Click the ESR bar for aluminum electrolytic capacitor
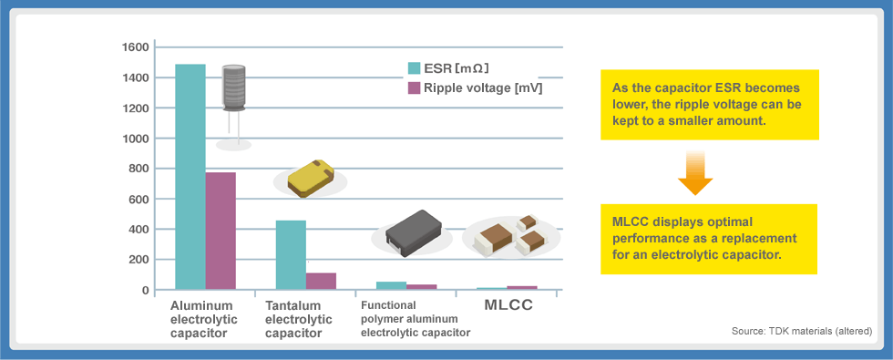click(x=190, y=177)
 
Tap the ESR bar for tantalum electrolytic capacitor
click(x=291, y=255)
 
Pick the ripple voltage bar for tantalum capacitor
click(x=321, y=281)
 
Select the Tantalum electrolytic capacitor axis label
click(x=293, y=319)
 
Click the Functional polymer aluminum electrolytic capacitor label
click(x=415, y=319)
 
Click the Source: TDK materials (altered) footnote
click(x=802, y=330)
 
